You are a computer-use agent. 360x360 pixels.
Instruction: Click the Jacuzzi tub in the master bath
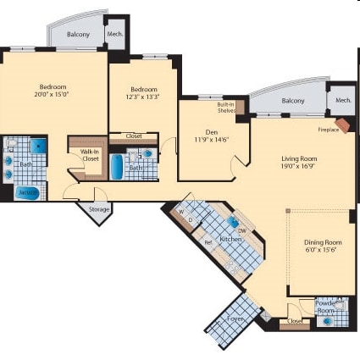point(27,192)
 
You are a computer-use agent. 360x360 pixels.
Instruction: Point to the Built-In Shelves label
point(226,107)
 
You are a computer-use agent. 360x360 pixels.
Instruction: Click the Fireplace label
point(329,130)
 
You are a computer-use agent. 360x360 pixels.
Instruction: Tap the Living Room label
point(300,158)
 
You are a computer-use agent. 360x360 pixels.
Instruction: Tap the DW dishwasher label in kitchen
point(242,230)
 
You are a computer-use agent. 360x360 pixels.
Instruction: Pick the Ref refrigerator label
point(208,241)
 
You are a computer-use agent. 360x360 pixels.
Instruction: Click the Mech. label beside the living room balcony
point(343,100)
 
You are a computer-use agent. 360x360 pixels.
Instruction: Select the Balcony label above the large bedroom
point(80,35)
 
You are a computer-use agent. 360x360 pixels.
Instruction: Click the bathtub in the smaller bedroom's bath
point(116,166)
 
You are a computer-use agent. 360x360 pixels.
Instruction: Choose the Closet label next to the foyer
point(295,321)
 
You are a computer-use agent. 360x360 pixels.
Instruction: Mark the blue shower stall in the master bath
point(38,147)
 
